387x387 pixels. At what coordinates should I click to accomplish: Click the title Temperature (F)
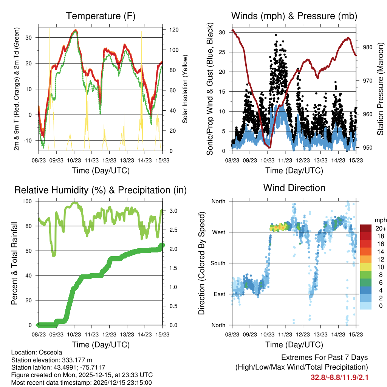(100, 16)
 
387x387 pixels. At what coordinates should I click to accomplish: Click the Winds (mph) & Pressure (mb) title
(294, 16)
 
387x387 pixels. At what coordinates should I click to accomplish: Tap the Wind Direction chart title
(294, 188)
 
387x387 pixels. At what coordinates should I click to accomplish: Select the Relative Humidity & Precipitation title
(100, 190)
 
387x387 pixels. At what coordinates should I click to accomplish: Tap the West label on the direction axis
(218, 232)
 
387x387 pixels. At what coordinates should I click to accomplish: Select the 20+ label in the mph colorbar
(380, 228)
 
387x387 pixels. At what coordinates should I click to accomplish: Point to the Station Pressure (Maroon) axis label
(381, 89)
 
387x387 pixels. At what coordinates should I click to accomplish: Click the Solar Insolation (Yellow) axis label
(185, 89)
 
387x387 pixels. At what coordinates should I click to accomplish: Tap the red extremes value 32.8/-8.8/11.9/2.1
(339, 378)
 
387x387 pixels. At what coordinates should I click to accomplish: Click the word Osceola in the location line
(51, 353)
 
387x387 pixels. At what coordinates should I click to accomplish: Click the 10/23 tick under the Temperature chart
(74, 160)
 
